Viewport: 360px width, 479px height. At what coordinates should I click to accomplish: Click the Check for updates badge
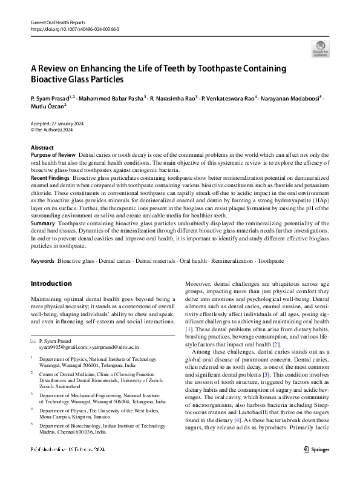[x=320, y=48]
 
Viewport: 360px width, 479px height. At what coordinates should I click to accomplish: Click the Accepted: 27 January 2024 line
[x=57, y=123]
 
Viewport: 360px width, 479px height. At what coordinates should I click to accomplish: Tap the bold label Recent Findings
[x=50, y=179]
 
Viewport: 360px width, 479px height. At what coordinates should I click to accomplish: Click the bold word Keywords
[x=43, y=260]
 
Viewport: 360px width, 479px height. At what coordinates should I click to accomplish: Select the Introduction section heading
[x=51, y=283]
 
